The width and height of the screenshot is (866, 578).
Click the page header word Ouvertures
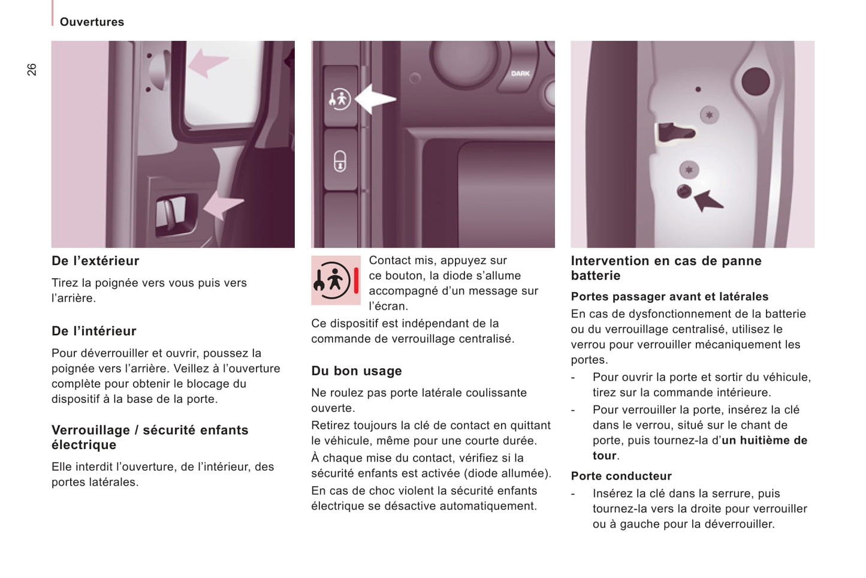tap(92, 22)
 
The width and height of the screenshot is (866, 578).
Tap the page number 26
tap(32, 70)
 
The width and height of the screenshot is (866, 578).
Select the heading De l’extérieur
tap(95, 261)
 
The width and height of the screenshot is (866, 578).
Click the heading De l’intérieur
tap(94, 331)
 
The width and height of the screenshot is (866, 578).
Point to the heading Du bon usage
tap(356, 371)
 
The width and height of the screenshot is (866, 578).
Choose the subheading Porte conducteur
tap(621, 476)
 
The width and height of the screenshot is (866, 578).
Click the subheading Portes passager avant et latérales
tap(669, 297)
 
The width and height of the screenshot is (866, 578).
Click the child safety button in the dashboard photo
tap(340, 98)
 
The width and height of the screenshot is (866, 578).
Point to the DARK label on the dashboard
tap(520, 74)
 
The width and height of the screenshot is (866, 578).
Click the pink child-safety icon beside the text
tap(336, 280)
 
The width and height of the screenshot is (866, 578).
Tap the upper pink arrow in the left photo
tap(207, 62)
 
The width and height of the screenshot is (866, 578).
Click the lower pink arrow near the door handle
tap(222, 204)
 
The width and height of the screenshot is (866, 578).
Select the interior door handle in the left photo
tap(172, 212)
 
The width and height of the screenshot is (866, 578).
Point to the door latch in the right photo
tap(674, 132)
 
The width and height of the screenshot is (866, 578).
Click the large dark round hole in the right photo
tap(755, 82)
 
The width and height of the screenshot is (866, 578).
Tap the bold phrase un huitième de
tap(764, 441)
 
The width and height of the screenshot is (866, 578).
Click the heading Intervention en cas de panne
tap(666, 261)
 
